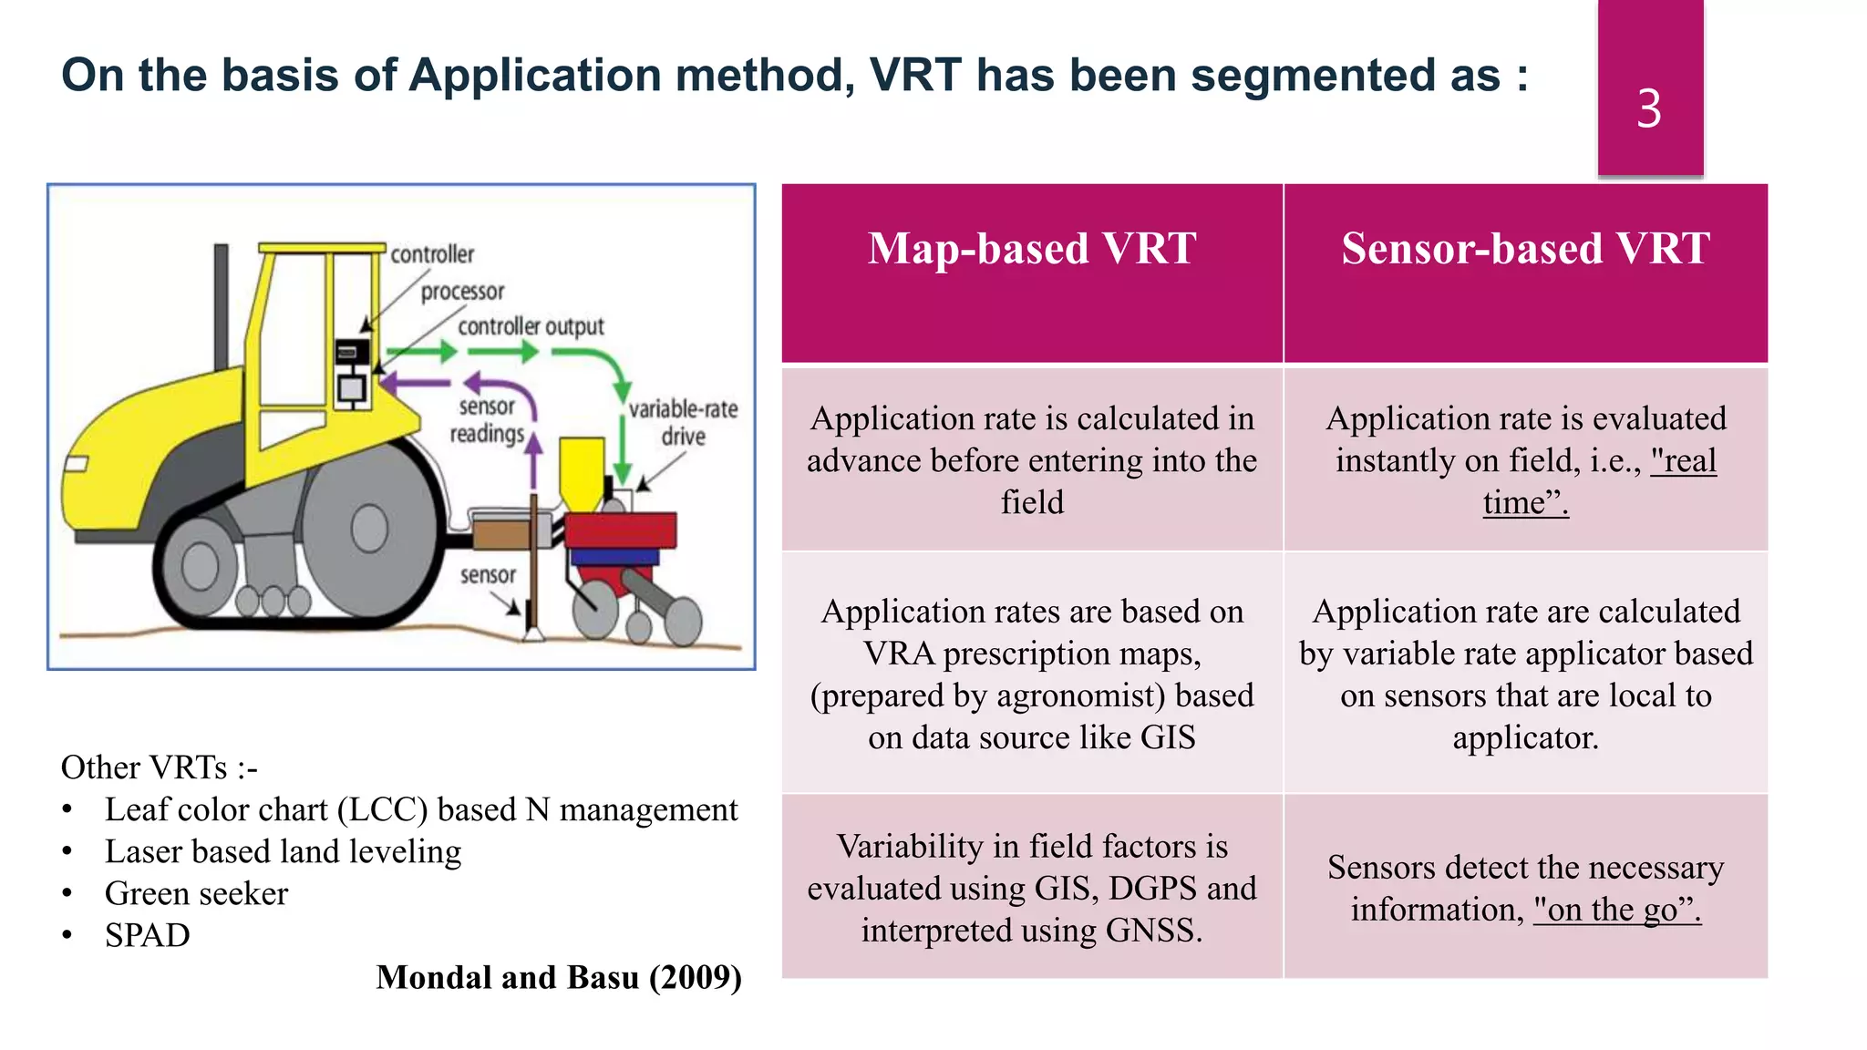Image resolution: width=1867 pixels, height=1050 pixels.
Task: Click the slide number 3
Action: [x=1648, y=108]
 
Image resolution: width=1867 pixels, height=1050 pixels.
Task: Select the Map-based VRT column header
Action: [x=1031, y=249]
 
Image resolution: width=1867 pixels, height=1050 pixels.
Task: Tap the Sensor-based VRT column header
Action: [x=1524, y=249]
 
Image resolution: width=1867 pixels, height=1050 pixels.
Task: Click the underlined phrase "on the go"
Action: [x=1616, y=910]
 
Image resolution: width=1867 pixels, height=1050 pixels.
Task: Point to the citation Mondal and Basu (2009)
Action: [x=558, y=977]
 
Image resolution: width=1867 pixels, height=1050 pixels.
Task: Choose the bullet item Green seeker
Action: [x=196, y=893]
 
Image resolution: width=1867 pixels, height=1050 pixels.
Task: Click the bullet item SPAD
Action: [x=147, y=935]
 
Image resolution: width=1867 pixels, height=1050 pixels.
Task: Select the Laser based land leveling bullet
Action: [x=283, y=851]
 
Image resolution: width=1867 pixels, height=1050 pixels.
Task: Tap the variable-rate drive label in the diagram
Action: [x=683, y=422]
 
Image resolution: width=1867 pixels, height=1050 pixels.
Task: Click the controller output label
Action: [x=531, y=326]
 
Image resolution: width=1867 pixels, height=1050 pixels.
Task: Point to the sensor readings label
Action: [x=487, y=420]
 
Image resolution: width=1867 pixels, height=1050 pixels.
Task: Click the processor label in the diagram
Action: [x=462, y=292]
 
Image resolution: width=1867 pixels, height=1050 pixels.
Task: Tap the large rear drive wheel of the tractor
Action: [x=369, y=529]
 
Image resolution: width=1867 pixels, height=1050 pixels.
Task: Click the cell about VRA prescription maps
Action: [x=1031, y=674]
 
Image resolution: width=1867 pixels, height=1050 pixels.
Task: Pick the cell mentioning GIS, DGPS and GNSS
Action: [x=1031, y=888]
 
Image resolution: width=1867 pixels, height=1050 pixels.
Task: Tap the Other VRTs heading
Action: [x=159, y=767]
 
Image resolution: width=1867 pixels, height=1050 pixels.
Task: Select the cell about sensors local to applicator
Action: [x=1524, y=674]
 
